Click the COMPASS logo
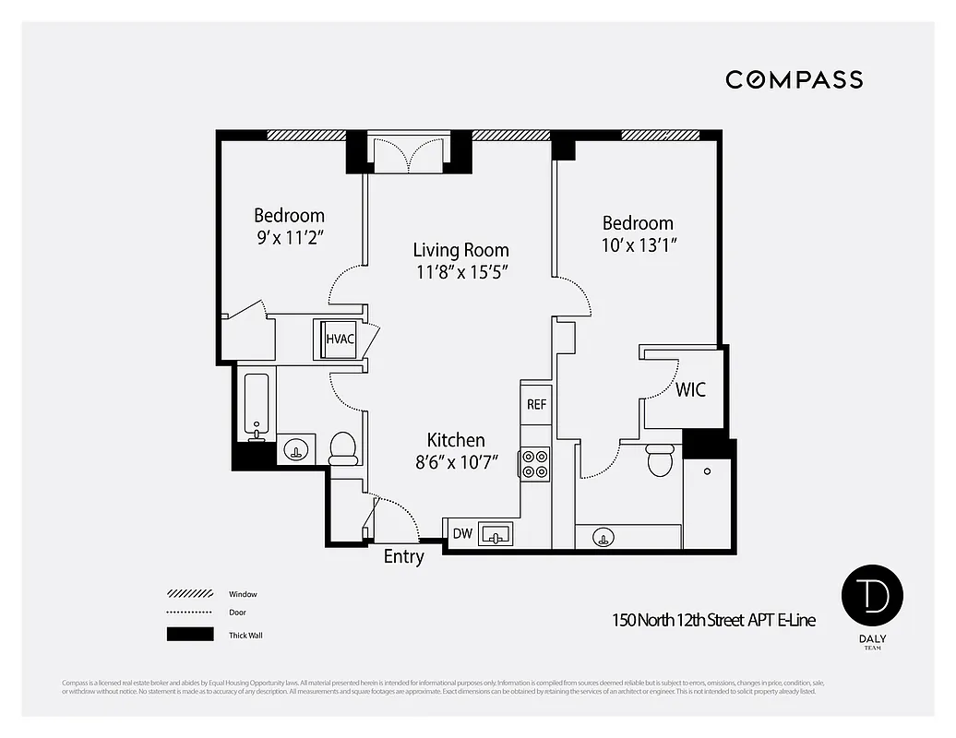794,79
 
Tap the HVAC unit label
340,339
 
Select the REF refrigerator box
536,404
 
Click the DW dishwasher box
461,534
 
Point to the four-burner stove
535,463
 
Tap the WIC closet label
689,389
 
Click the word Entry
403,556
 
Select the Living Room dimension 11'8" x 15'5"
460,272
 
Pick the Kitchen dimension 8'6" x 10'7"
456,462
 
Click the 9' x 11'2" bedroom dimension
289,237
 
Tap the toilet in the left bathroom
343,447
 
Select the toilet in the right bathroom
660,458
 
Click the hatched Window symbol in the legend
189,594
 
